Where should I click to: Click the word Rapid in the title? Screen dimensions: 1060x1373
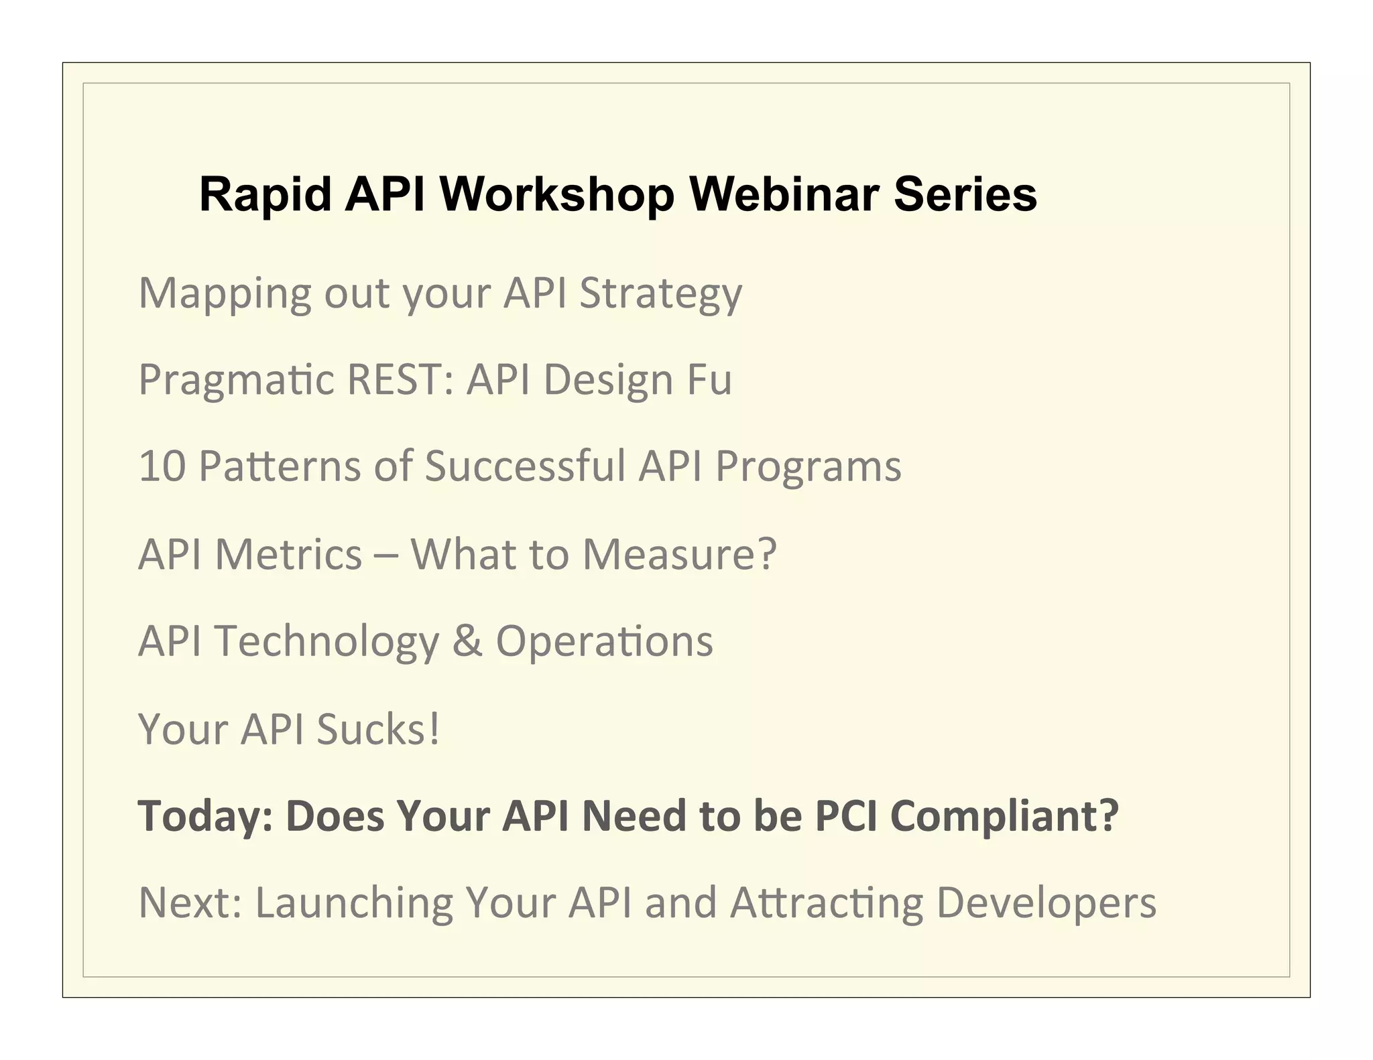point(265,194)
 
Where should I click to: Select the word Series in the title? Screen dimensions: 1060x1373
point(965,194)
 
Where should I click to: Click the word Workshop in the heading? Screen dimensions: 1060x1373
point(556,194)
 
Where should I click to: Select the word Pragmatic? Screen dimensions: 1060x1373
point(236,380)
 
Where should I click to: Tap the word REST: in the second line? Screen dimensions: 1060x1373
point(401,380)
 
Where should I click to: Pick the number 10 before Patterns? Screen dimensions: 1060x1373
point(162,466)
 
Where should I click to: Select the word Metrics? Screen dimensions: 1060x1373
point(288,554)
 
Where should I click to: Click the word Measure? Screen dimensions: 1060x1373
point(679,554)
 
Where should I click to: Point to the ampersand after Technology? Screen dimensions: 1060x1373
point(467,641)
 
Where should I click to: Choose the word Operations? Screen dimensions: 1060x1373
point(604,641)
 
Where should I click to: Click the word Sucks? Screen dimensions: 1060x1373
point(378,728)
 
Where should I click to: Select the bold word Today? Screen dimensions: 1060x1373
point(205,816)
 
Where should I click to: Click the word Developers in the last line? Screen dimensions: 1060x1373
point(1046,903)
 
